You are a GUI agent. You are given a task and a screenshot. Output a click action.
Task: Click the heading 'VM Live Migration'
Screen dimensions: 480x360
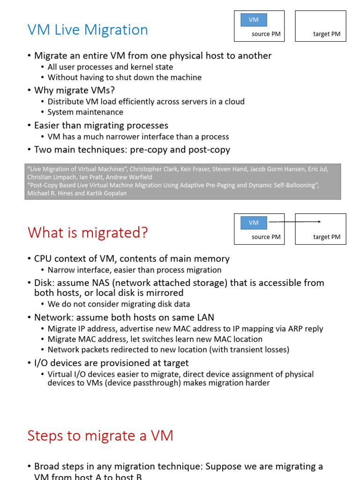pos(88,30)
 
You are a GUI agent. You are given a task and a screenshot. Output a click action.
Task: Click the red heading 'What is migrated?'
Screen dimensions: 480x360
pos(88,232)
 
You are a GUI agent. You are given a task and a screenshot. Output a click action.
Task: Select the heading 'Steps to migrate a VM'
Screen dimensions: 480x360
pos(100,435)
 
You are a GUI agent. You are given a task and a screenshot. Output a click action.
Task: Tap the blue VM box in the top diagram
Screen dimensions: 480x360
pos(254,20)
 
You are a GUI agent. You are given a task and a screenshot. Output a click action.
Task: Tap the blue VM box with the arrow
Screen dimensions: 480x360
pos(254,223)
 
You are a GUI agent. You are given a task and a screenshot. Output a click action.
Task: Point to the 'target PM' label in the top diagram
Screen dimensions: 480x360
pos(327,34)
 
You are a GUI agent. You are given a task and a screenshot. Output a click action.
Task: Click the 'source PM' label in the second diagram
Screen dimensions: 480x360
pos(266,237)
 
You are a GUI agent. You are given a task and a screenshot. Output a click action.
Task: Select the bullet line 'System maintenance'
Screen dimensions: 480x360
pos(85,112)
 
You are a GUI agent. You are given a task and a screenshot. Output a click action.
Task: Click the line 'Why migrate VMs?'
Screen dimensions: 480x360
pos(75,90)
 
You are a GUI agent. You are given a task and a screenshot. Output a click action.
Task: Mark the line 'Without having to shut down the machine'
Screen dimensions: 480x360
pos(125,77)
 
